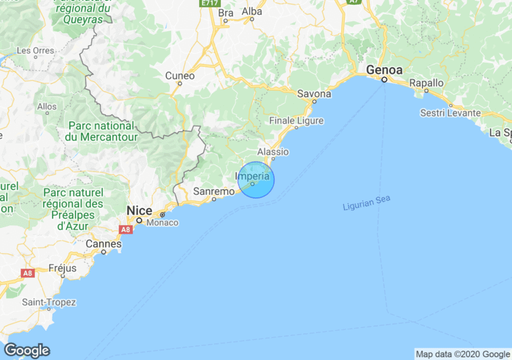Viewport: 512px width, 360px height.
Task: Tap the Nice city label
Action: click(x=139, y=211)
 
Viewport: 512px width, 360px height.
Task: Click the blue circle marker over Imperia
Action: click(x=256, y=180)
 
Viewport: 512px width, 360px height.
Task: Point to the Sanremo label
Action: click(x=213, y=191)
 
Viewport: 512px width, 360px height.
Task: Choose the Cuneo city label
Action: click(x=180, y=76)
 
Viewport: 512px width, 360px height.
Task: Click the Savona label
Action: click(x=313, y=94)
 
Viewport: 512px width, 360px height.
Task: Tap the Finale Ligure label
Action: click(x=296, y=121)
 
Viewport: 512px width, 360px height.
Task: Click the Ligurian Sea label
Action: click(x=367, y=203)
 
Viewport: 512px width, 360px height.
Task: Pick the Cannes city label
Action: click(x=103, y=244)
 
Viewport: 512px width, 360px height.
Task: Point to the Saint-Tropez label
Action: click(x=49, y=302)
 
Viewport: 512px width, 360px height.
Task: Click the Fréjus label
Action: click(x=63, y=268)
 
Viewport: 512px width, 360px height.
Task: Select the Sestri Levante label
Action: click(x=450, y=113)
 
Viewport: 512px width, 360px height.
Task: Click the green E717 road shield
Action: click(x=209, y=3)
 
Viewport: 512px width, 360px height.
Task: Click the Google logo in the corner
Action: click(x=27, y=350)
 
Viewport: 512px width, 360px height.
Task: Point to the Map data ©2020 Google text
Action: click(x=463, y=354)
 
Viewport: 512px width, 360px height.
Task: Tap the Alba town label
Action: click(x=251, y=11)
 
